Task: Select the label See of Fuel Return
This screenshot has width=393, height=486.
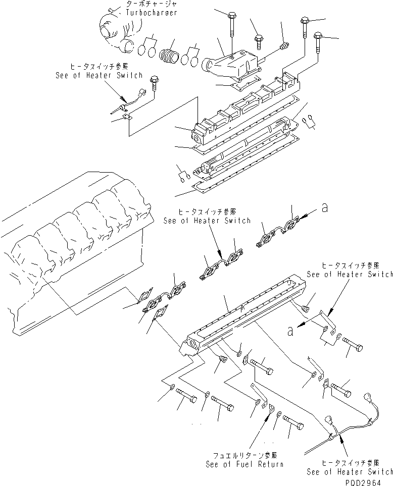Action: pos(244,464)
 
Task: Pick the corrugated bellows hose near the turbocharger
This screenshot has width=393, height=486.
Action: pos(169,53)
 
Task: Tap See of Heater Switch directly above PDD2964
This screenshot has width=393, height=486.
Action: pos(350,471)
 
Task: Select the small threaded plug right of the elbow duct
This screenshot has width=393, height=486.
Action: pos(283,46)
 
